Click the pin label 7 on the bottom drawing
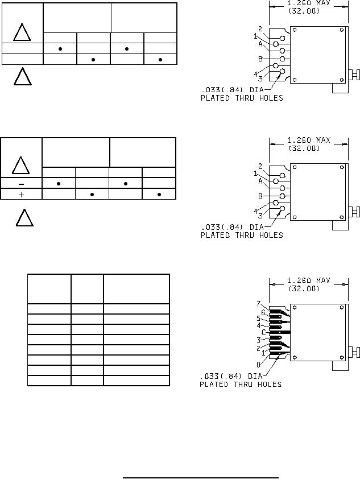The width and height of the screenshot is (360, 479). pos(259,304)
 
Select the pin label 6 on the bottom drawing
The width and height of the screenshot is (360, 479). pos(263,312)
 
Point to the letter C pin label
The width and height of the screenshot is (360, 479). pos(263,332)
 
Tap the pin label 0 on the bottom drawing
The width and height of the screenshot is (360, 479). pos(259,365)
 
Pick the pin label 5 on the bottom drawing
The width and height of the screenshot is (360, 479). pos(258,319)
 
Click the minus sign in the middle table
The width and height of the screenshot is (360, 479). pos(22,184)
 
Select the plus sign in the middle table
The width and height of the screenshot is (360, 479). pos(21,195)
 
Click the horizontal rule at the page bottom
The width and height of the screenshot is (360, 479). pos(201,477)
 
